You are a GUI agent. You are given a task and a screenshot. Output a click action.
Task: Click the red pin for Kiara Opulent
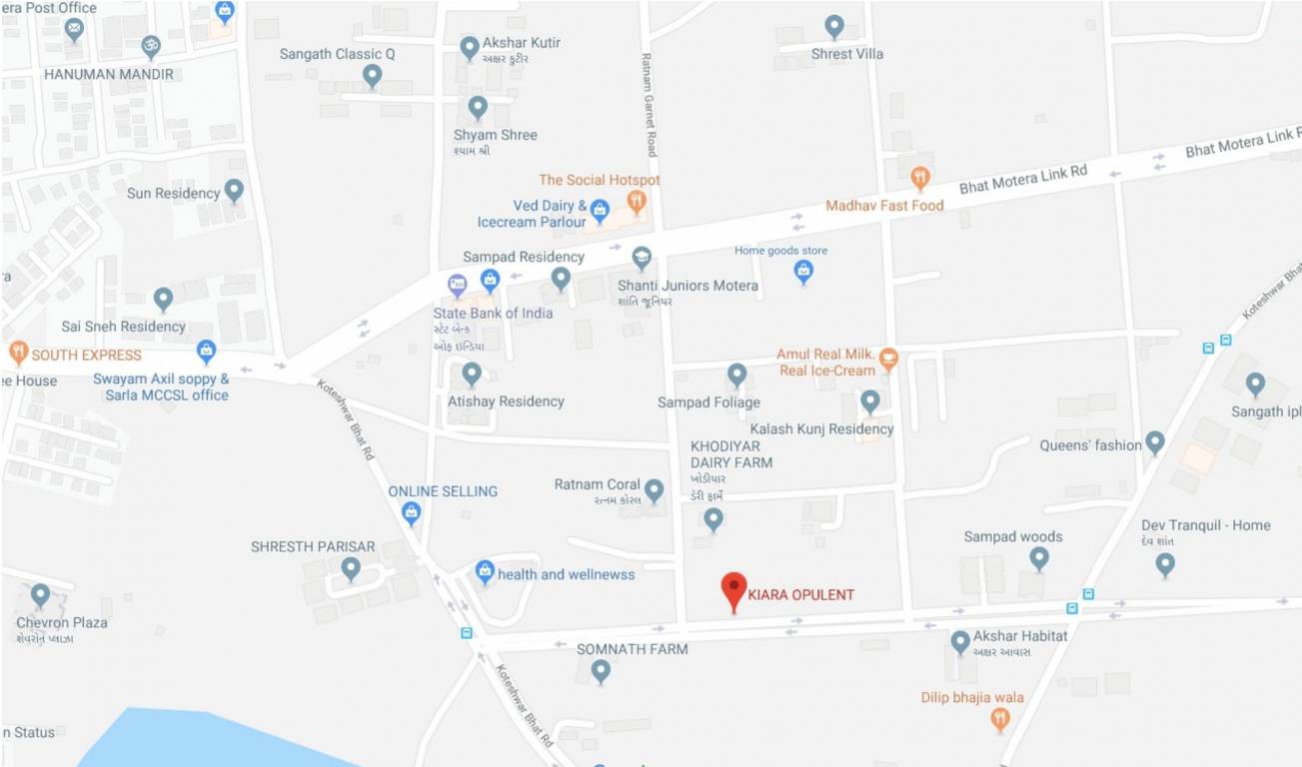tap(734, 588)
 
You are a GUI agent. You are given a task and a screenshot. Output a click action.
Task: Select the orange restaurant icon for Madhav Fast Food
tap(920, 179)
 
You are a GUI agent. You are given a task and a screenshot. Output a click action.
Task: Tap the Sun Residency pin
tap(234, 190)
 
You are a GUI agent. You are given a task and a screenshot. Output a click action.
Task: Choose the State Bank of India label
tap(493, 313)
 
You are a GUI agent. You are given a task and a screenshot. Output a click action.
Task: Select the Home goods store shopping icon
tap(803, 270)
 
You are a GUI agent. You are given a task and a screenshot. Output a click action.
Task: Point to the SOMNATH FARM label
tap(618, 649)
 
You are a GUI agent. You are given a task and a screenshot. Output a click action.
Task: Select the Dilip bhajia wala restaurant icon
tap(999, 718)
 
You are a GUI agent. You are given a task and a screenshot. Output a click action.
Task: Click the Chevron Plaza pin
tap(40, 595)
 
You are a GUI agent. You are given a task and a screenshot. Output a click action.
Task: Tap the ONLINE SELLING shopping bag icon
tap(411, 513)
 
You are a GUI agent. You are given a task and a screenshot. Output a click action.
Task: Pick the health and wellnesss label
tap(566, 574)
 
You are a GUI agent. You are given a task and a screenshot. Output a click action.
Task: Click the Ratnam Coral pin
tap(653, 489)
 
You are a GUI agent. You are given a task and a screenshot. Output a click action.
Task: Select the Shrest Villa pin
tap(834, 26)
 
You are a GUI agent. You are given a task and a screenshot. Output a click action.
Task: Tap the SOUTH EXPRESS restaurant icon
tap(18, 353)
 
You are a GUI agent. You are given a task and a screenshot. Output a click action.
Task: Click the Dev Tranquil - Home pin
tap(1165, 563)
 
